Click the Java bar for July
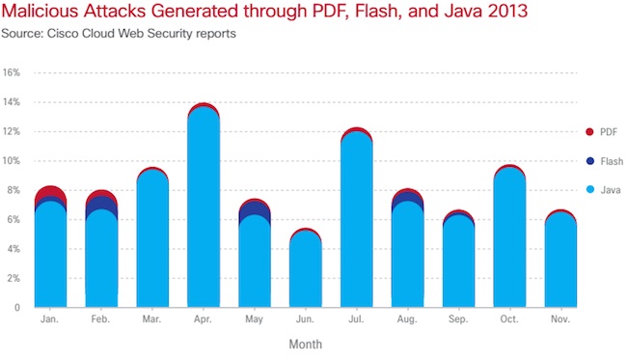click(x=357, y=222)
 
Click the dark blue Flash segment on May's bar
click(x=253, y=213)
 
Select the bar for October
click(x=511, y=241)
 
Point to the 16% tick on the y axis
click(x=12, y=72)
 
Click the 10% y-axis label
click(x=12, y=161)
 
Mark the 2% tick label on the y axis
click(x=14, y=278)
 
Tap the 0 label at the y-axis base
click(x=18, y=308)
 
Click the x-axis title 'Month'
click(x=305, y=344)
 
